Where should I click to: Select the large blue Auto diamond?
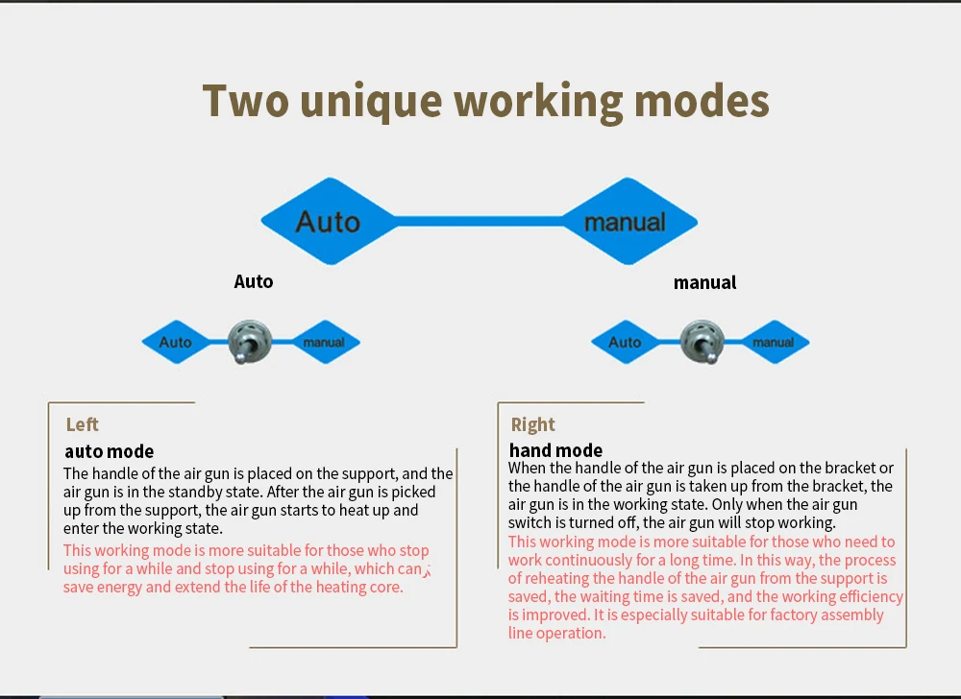pyautogui.click(x=328, y=222)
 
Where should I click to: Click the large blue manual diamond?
pyautogui.click(x=626, y=222)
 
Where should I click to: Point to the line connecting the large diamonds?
pyautogui.click(x=478, y=222)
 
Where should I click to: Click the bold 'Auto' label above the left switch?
pyautogui.click(x=254, y=281)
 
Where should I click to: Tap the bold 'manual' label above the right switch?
pyautogui.click(x=704, y=282)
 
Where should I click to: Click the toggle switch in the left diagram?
pyautogui.click(x=250, y=342)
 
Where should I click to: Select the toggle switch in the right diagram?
pyautogui.click(x=701, y=342)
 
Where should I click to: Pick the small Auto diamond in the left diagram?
pyautogui.click(x=176, y=342)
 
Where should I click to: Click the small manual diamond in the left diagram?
pyautogui.click(x=324, y=342)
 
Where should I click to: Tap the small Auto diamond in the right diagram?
pyautogui.click(x=625, y=342)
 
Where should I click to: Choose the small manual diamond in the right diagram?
pyautogui.click(x=774, y=342)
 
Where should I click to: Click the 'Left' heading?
pyautogui.click(x=83, y=424)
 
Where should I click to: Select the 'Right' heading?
pyautogui.click(x=533, y=424)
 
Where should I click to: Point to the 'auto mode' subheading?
pyautogui.click(x=110, y=451)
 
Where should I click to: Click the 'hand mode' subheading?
pyautogui.click(x=556, y=450)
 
